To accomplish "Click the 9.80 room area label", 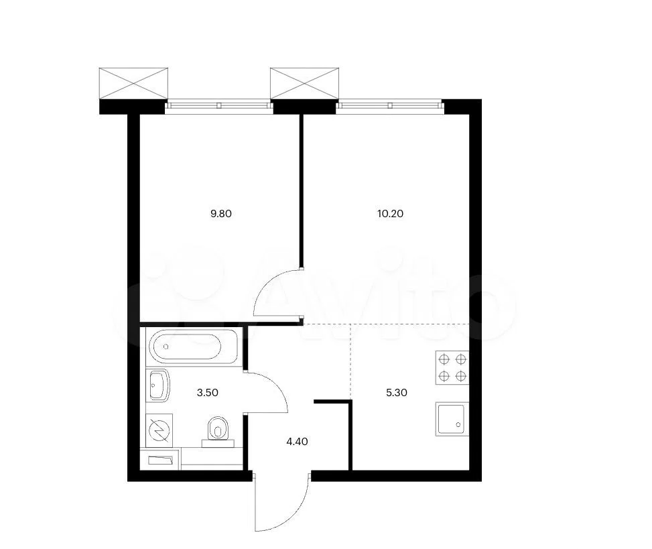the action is coord(221,214).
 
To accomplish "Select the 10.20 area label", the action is coord(390,214).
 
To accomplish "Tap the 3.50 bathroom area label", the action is coord(208,393).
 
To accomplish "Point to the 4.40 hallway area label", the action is coord(298,441).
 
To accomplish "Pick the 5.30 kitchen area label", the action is coord(397,393).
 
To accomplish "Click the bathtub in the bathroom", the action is coord(192,346).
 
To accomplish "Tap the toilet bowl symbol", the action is coord(218,432).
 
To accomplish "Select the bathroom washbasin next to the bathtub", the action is coord(157,385).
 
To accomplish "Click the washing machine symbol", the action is coord(159,430).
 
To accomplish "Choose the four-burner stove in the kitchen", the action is coord(452,367).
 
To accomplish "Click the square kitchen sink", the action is coord(452,419).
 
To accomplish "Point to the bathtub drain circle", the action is coord(166,346).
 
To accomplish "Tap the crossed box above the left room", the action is coord(133,83).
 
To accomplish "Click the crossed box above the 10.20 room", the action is coord(304,83).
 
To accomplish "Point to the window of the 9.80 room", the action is coord(219,106).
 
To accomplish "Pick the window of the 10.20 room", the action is coord(390,106).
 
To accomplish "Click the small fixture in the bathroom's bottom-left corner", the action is coord(161,460).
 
